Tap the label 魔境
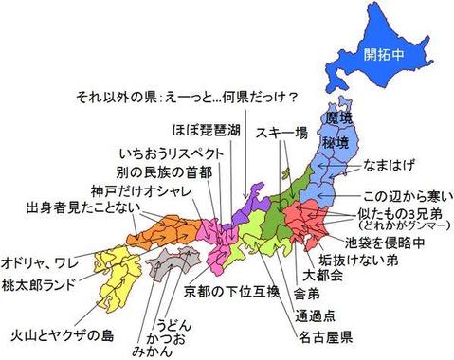point(338,119)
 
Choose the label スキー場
point(281,134)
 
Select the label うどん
point(174,323)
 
